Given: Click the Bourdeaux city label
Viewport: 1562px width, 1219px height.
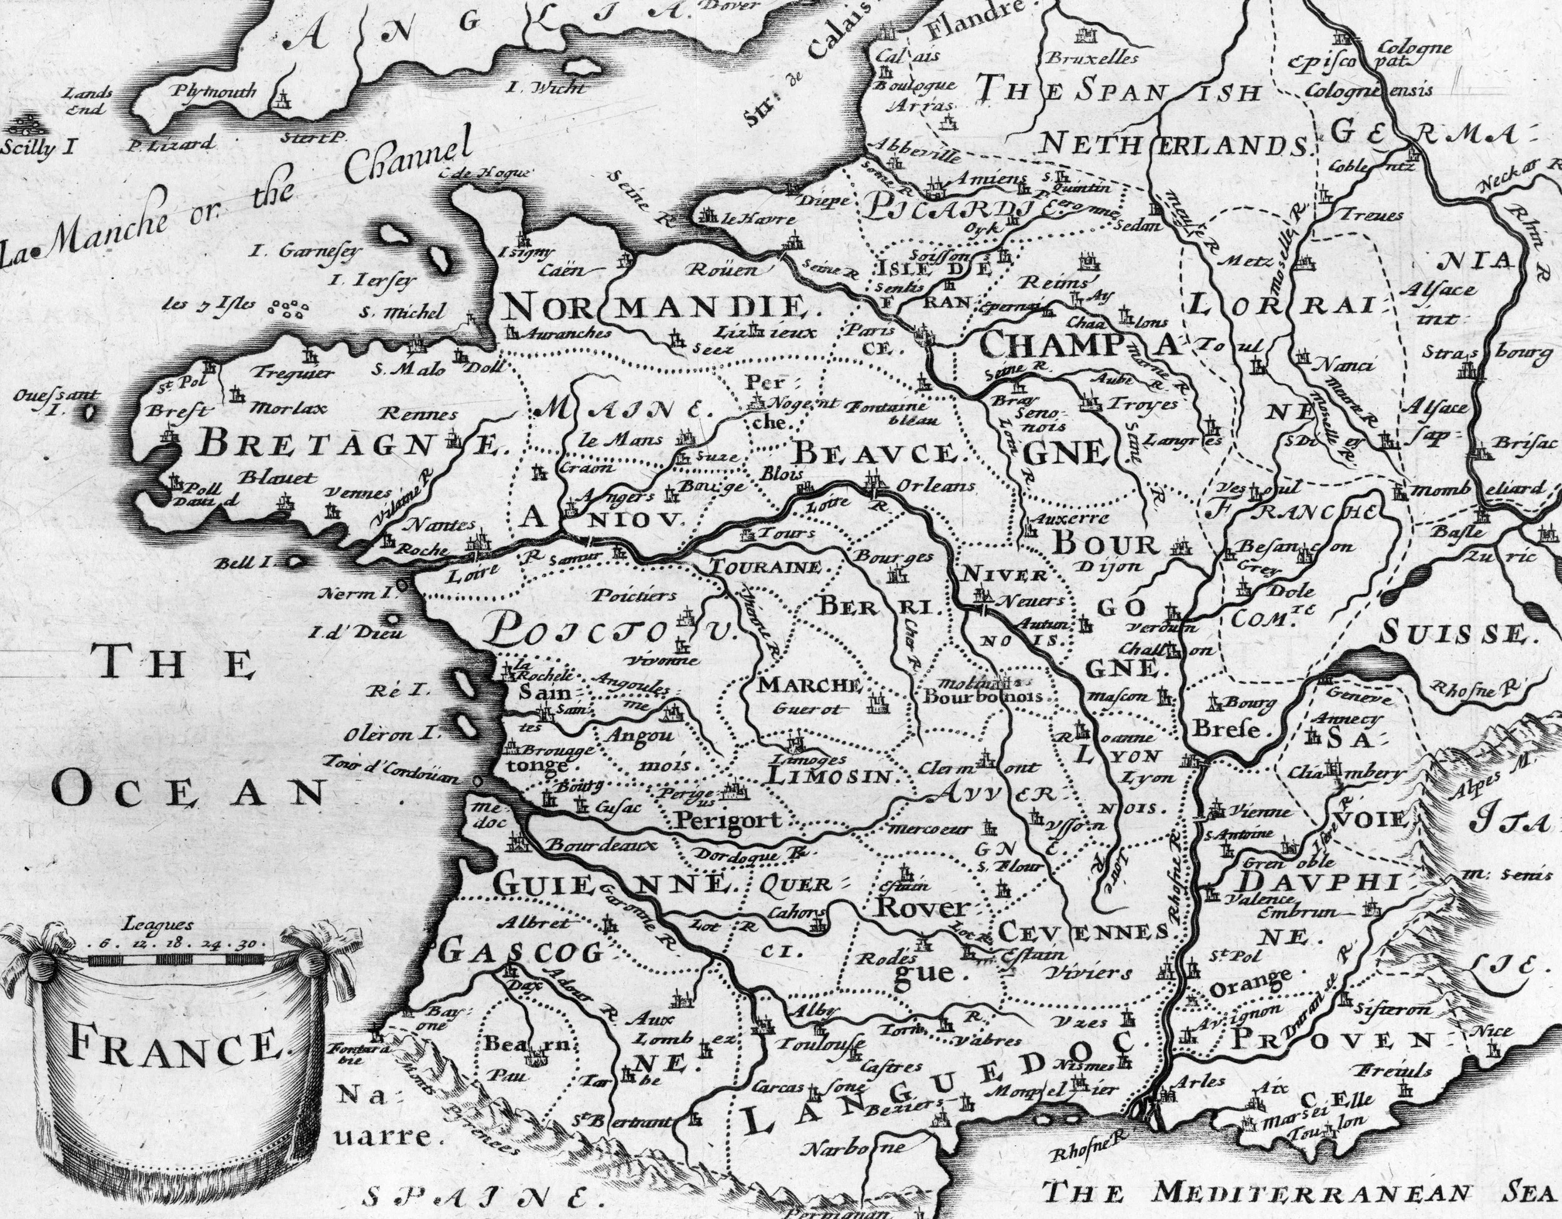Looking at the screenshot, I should pos(601,844).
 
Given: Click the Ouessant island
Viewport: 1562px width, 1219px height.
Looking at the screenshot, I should pos(90,413).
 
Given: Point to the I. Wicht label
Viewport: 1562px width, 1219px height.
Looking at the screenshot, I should pos(545,89).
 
